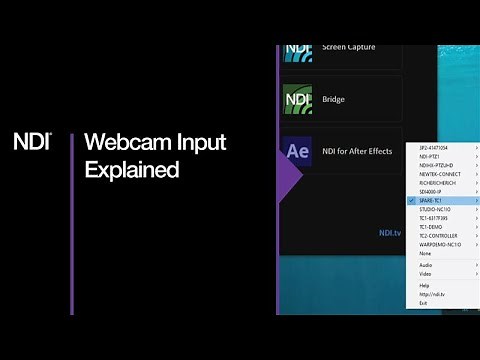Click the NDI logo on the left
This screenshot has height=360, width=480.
[31, 141]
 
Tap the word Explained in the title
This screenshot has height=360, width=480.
[132, 171]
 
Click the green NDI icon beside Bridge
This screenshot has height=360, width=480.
[298, 99]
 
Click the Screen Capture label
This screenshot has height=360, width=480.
[350, 47]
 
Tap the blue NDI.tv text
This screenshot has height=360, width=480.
[389, 232]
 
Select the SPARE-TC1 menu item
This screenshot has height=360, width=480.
[433, 200]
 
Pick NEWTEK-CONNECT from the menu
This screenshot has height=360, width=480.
[439, 174]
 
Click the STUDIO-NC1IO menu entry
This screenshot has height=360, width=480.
[436, 209]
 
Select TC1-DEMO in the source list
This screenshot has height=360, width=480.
[432, 227]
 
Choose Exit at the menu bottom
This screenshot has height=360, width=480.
[423, 303]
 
